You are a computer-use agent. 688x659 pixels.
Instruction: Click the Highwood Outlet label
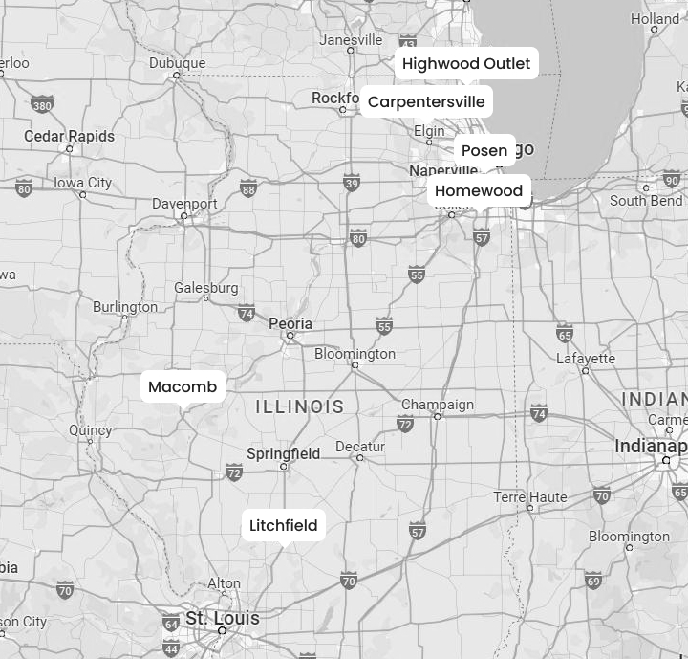click(465, 64)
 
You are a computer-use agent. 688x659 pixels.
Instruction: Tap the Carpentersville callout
click(426, 102)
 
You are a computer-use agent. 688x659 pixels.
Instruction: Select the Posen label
click(484, 151)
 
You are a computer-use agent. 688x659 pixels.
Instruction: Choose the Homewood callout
click(479, 191)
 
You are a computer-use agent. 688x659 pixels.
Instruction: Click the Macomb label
click(183, 387)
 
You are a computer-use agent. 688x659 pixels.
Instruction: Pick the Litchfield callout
click(284, 526)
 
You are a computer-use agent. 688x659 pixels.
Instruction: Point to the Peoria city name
click(290, 324)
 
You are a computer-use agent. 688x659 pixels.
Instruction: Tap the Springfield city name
click(283, 453)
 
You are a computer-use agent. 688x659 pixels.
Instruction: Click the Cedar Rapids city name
click(69, 137)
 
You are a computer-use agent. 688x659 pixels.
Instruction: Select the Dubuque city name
click(177, 63)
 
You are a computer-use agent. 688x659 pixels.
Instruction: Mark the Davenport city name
click(184, 204)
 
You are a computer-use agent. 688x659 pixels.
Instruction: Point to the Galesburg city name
click(205, 288)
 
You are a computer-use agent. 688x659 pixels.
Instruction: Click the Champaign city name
click(438, 405)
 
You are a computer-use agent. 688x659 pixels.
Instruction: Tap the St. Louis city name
click(222, 618)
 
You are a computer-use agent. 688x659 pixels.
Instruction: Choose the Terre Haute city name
click(530, 497)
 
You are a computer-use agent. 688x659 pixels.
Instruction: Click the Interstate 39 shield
click(352, 184)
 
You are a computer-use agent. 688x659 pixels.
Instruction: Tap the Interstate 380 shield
click(41, 104)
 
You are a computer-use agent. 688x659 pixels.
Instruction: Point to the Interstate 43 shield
click(408, 42)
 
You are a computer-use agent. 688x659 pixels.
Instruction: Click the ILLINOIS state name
click(300, 407)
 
